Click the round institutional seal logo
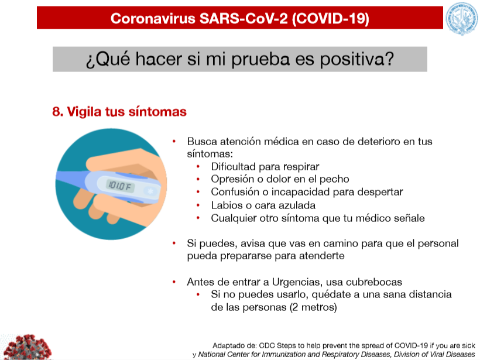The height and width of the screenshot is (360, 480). (x=462, y=19)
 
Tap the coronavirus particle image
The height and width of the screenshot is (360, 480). (x=28, y=347)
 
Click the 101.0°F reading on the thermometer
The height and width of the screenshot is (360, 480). (x=119, y=186)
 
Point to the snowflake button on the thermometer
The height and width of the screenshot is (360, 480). (x=150, y=191)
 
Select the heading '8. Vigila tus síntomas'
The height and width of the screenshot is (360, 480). (x=119, y=111)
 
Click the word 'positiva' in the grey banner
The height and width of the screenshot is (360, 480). (x=356, y=59)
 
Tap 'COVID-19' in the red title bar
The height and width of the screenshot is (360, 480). (x=331, y=18)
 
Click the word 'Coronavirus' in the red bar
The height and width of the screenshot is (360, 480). (x=153, y=18)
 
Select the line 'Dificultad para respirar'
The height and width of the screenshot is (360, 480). (x=265, y=166)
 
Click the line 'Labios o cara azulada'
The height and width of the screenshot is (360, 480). (x=263, y=205)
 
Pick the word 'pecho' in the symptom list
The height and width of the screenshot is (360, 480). (x=334, y=179)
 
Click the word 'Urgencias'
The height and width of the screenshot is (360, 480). (x=297, y=282)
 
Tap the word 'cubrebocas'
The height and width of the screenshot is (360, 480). (x=378, y=282)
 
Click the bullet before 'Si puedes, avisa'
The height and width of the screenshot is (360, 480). (x=174, y=244)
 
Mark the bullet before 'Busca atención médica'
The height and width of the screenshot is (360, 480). (x=174, y=142)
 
